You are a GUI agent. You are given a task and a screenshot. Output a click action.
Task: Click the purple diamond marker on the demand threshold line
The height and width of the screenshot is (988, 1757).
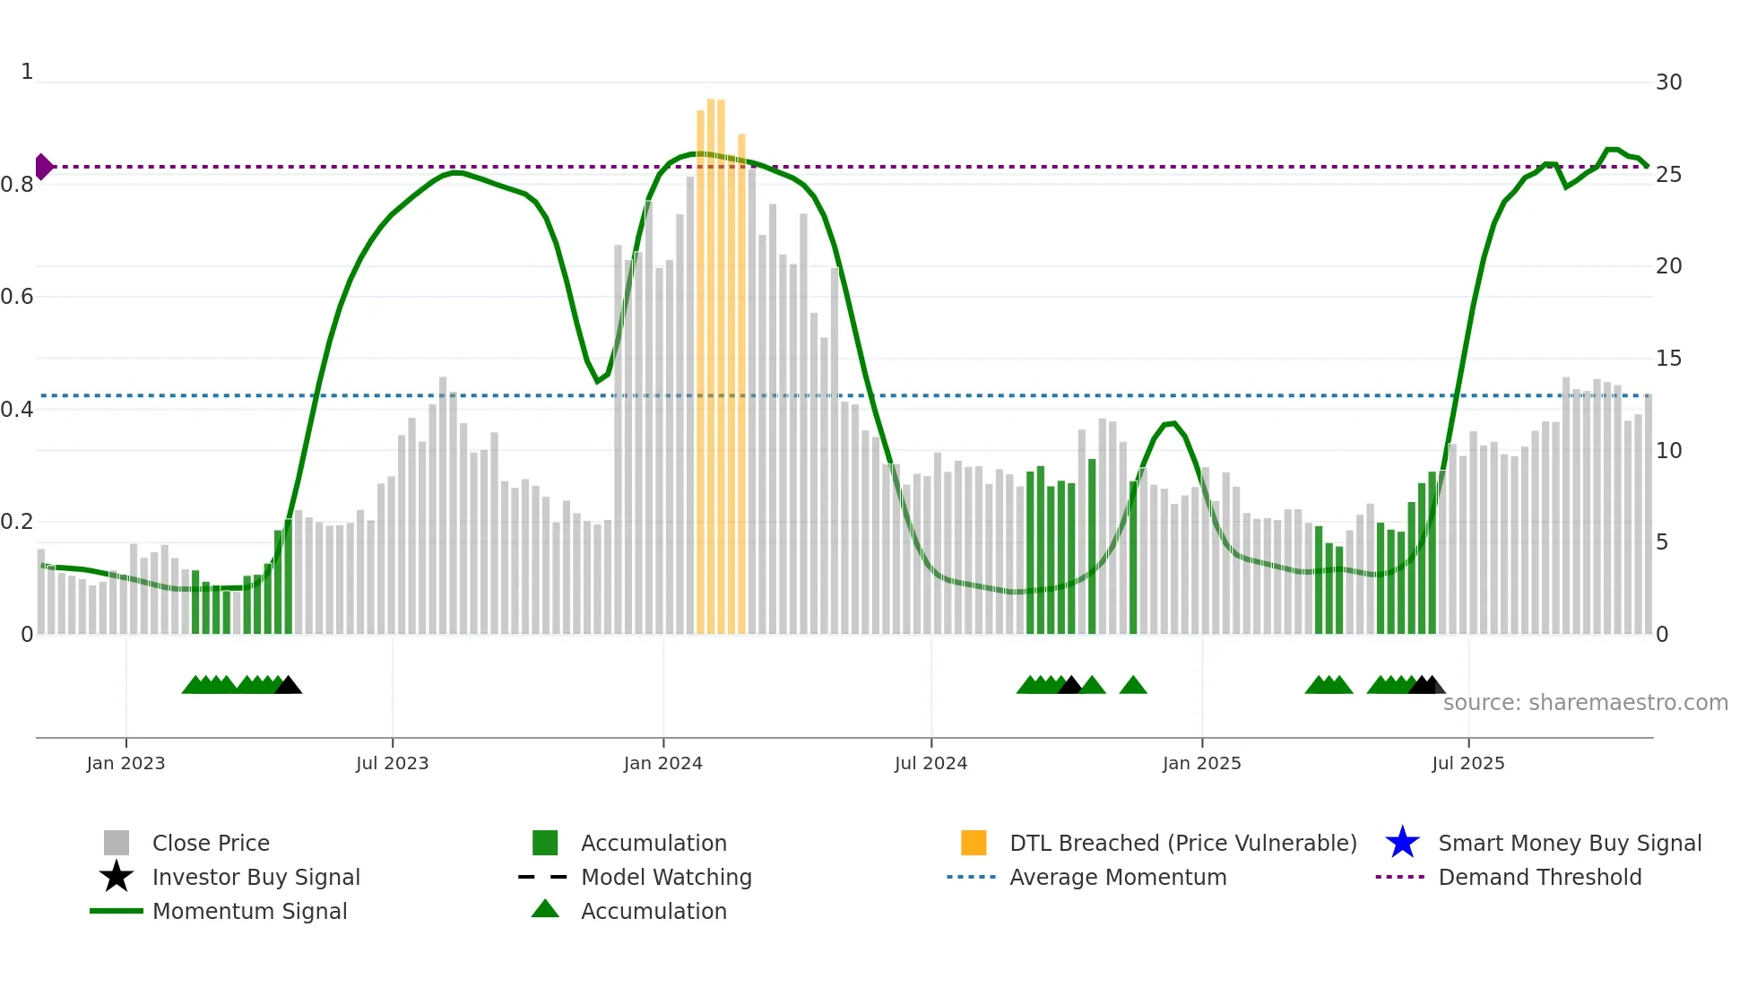point(43,167)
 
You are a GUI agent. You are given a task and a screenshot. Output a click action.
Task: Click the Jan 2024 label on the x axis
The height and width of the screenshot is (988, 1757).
point(662,763)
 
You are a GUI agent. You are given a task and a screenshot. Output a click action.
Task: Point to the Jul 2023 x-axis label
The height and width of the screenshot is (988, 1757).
point(392,763)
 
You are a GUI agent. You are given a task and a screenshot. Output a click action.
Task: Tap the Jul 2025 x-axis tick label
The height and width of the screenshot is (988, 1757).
point(1467,763)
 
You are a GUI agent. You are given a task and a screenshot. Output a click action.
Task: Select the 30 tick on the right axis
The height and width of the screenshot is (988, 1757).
point(1668,82)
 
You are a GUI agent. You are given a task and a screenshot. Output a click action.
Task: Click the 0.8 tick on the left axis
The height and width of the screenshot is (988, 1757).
point(17,185)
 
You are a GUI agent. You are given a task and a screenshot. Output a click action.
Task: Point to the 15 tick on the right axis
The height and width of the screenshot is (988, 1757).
point(1668,359)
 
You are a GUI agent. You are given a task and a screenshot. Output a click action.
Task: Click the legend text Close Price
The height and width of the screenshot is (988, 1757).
point(211,843)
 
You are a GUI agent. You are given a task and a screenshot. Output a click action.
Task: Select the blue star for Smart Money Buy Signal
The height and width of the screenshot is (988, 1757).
point(1402,843)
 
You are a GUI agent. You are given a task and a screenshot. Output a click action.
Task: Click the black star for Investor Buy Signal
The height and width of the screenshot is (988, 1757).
point(117,877)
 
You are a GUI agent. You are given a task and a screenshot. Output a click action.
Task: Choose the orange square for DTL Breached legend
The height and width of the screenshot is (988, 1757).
point(974,843)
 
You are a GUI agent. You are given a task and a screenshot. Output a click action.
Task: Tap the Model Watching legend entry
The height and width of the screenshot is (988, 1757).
point(666,877)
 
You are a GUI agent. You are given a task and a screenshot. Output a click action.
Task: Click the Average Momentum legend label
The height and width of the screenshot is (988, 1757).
point(1118,877)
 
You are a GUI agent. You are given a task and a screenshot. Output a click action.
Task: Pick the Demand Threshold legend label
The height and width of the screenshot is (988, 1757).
point(1539,877)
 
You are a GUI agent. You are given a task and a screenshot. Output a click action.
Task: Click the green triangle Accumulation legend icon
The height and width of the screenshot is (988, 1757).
point(545,909)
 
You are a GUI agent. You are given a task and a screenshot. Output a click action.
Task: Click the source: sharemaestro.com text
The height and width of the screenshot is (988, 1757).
point(1585,703)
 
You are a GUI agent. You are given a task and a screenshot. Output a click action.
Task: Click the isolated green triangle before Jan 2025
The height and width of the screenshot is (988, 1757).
point(1133,685)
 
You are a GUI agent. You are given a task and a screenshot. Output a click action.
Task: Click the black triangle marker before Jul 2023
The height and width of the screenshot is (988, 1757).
point(288,685)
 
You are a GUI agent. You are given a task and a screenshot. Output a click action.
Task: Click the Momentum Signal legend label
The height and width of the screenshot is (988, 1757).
point(249,911)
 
